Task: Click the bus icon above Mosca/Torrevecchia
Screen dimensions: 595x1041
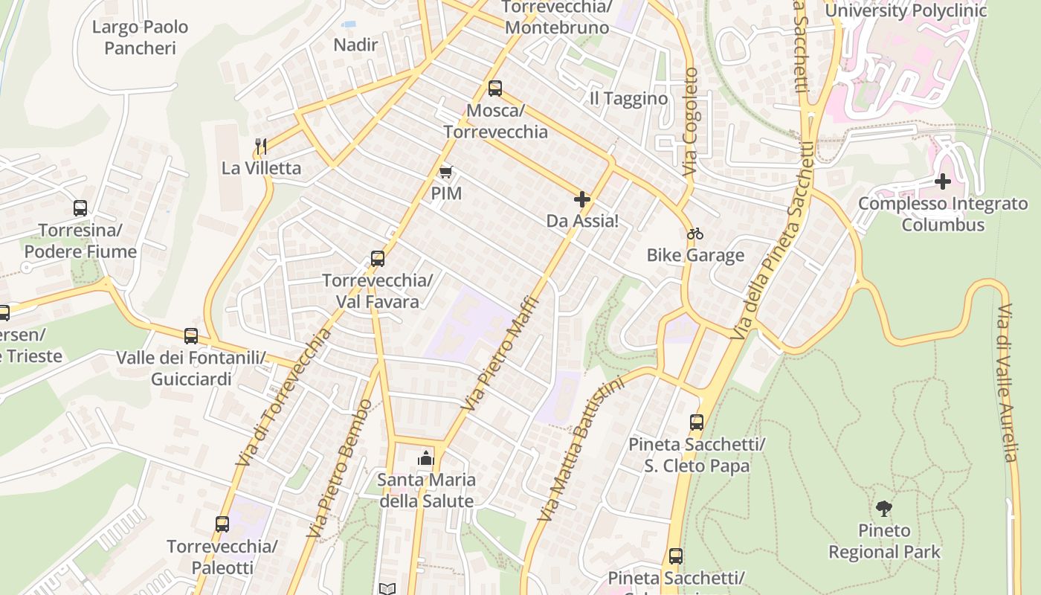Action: point(495,89)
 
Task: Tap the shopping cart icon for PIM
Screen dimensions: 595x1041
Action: point(445,173)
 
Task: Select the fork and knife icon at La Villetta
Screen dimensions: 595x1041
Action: point(260,146)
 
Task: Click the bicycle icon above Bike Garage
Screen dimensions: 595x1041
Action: point(695,234)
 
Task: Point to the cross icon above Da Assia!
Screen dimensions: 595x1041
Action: point(582,199)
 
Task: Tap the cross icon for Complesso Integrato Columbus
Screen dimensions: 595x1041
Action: point(943,181)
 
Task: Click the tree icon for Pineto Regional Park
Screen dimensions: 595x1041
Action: point(884,509)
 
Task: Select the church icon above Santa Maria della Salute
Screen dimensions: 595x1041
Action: point(425,458)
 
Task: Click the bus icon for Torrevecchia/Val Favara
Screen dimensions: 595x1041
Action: point(378,259)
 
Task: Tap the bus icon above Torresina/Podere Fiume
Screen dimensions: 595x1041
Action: point(80,208)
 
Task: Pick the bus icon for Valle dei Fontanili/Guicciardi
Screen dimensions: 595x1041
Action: point(191,335)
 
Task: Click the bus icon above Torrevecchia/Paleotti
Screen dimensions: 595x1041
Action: point(222,524)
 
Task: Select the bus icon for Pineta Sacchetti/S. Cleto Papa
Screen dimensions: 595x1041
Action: point(697,422)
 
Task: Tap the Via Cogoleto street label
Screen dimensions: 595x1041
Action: point(691,123)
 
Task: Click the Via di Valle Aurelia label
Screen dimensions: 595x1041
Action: point(1007,383)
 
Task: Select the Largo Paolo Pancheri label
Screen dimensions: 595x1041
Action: point(140,38)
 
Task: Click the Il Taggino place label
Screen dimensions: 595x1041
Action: point(628,99)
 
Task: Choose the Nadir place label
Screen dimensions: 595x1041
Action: point(355,45)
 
